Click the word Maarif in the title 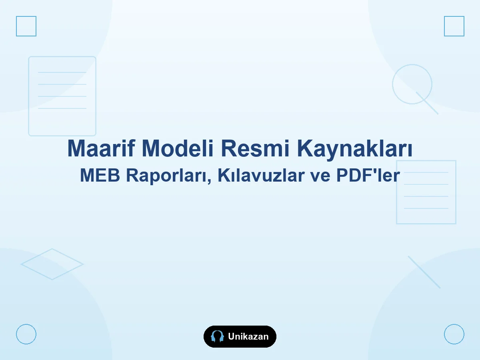tap(101, 148)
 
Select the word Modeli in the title tap(177, 148)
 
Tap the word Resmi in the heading tap(255, 148)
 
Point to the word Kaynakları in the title tap(354, 150)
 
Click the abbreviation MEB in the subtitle tap(100, 175)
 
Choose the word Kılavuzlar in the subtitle tap(261, 175)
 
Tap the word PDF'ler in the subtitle tap(368, 175)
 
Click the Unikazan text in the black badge tap(248, 336)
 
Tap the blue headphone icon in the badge tap(217, 336)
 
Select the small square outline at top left tap(16, 26)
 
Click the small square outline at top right tap(444, 26)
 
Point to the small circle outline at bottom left tap(16, 334)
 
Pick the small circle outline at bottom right tap(444, 334)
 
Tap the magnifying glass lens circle tap(392, 84)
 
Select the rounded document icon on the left tap(29, 96)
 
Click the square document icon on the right tap(396, 192)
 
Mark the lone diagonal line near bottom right tap(424, 272)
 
